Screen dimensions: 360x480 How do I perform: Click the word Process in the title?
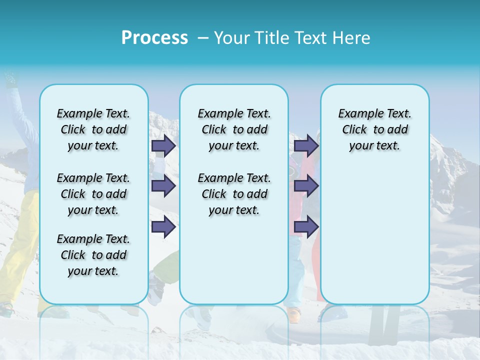point(154,38)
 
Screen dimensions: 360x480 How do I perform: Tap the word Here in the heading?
point(350,38)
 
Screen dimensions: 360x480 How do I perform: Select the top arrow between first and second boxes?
point(163,145)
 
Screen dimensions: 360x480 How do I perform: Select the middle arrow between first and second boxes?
point(163,186)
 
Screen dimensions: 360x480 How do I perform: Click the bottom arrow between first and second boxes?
point(163,226)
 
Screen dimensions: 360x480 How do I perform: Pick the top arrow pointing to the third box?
point(306,145)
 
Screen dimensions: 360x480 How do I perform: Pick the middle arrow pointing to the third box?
point(306,186)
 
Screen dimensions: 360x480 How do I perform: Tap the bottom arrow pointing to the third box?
point(306,226)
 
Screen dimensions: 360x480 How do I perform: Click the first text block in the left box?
point(93,129)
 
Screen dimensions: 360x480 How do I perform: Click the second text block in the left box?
point(93,194)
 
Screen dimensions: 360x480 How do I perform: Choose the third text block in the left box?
point(93,255)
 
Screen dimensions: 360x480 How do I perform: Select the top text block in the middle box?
point(234,129)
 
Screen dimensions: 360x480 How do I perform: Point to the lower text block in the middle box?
point(234,194)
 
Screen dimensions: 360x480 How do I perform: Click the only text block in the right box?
point(374,129)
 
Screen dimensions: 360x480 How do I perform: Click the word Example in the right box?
point(357,113)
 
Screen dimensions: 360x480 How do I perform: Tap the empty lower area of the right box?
point(374,235)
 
